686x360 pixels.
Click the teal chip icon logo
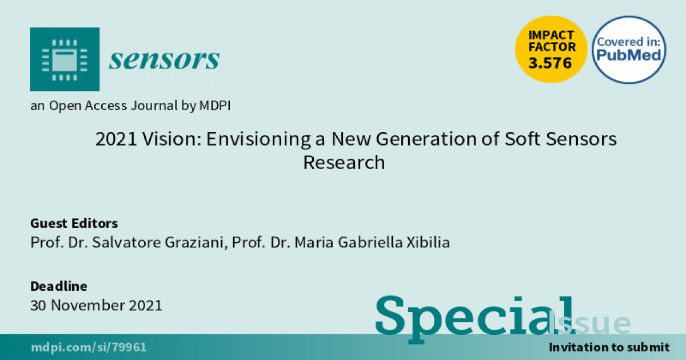point(65,59)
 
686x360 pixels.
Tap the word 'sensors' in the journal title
point(164,59)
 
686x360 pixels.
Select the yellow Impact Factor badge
point(551,49)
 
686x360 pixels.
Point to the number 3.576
point(550,63)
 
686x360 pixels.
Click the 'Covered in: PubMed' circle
point(629,50)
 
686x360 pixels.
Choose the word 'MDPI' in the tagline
point(215,106)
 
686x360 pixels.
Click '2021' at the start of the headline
point(115,139)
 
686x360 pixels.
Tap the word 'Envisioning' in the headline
point(258,139)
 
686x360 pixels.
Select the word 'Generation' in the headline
point(426,139)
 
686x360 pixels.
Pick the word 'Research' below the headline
point(344,162)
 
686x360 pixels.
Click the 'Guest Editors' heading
point(74,223)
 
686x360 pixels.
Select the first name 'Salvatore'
point(126,242)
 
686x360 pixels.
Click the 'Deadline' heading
point(59,286)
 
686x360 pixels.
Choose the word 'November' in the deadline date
point(87,305)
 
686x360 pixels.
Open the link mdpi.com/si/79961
point(89,347)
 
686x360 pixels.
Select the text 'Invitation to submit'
point(609,347)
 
